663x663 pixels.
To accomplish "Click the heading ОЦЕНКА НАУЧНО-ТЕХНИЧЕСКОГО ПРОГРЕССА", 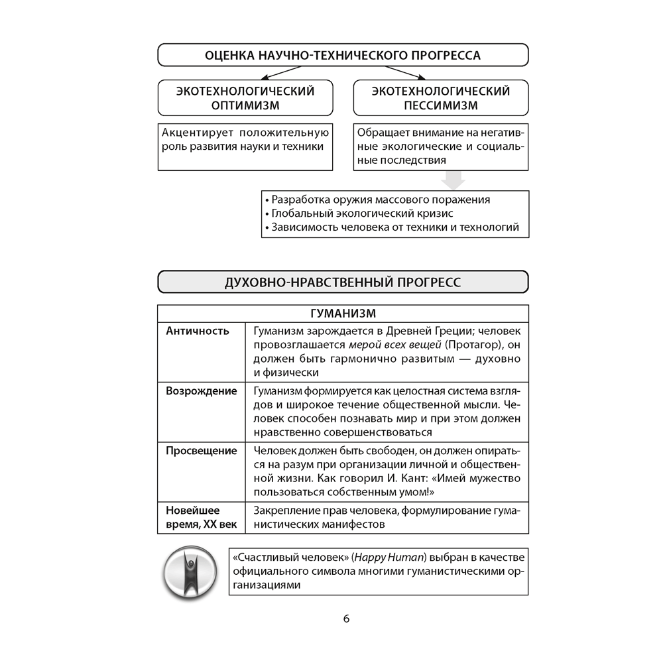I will coord(343,55).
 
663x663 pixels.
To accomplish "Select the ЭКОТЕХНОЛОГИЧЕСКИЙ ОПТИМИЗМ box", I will coord(245,98).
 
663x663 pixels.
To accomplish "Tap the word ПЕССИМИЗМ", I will coord(441,105).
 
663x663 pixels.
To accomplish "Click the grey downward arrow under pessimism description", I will coord(454,180).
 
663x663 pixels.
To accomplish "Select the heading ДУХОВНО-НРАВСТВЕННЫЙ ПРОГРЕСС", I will coord(343,282).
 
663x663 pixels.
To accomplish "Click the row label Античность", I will coord(198,331).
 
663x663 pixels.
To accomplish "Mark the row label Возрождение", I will coord(202,391).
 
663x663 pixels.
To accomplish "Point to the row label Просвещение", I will coord(202,451).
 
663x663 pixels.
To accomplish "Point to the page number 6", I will coord(346,619).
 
